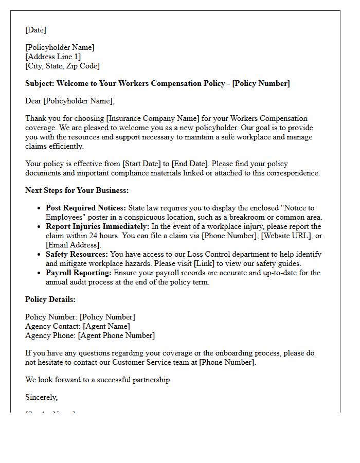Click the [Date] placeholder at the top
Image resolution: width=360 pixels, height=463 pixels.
pos(35,30)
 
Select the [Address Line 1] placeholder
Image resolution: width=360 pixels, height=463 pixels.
pos(53,57)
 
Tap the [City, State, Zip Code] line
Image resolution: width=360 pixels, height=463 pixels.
pos(62,66)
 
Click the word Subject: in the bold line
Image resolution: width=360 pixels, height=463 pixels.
pos(40,83)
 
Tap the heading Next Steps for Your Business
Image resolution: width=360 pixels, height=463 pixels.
pos(77,190)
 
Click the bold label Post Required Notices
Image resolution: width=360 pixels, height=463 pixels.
pos(85,208)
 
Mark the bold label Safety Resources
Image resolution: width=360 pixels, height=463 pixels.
pos(77,254)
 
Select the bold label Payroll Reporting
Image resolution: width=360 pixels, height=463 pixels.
pos(79,273)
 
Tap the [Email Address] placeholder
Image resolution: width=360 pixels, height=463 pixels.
pos(74,245)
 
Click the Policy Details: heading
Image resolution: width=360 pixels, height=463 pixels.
pos(50,299)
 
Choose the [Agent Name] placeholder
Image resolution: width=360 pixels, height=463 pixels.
pos(106,326)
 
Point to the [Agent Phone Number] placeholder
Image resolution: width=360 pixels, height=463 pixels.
pos(116,335)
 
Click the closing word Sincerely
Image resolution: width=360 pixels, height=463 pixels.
pos(41,397)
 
